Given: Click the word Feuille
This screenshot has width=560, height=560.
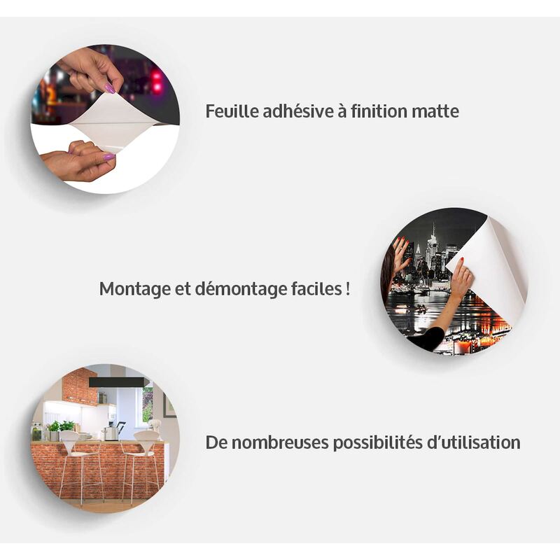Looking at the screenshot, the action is [232, 111].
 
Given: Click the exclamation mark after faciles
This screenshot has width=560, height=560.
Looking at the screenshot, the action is [348, 289].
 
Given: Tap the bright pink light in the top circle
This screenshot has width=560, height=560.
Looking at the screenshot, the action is [156, 77].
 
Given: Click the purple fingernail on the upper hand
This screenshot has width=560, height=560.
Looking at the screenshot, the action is [110, 88].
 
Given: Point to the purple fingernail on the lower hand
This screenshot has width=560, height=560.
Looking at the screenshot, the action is [109, 156].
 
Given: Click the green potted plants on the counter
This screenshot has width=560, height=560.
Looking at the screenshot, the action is [61, 428].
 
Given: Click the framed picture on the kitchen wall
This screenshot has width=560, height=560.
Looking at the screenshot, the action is [170, 405].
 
